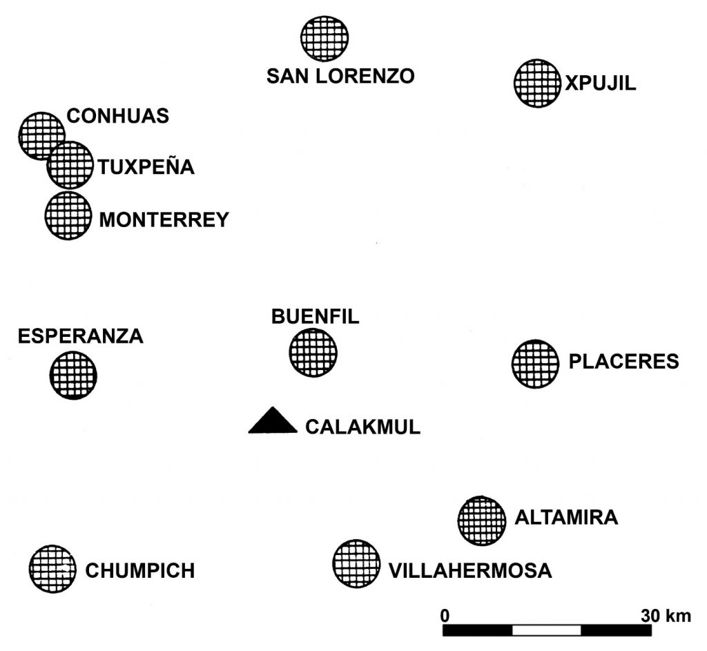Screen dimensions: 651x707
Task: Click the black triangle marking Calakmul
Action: point(273,422)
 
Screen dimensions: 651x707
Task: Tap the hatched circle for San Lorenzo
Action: point(325,37)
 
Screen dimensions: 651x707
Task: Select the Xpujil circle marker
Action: point(536,83)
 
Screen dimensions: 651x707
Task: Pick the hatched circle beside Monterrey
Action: point(68,215)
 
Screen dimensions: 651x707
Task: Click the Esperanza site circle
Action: point(73,375)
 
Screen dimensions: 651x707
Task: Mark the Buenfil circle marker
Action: point(313,352)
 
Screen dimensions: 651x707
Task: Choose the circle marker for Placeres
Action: point(535,363)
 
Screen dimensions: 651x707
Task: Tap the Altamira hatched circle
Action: point(481,520)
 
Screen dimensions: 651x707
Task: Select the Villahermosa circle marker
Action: point(356,563)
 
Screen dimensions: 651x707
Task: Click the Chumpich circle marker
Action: point(52,568)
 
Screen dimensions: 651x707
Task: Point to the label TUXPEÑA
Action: point(146,167)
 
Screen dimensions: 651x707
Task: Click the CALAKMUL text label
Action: point(362,427)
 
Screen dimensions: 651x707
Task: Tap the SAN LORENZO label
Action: point(340,76)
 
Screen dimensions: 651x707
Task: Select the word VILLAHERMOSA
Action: point(470,571)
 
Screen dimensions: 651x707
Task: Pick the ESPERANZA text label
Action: point(80,336)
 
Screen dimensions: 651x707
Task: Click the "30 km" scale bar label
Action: point(666,614)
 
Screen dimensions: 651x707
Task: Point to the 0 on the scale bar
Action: point(445,614)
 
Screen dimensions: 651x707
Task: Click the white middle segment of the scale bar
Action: point(546,630)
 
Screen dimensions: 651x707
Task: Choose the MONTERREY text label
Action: point(164,220)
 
